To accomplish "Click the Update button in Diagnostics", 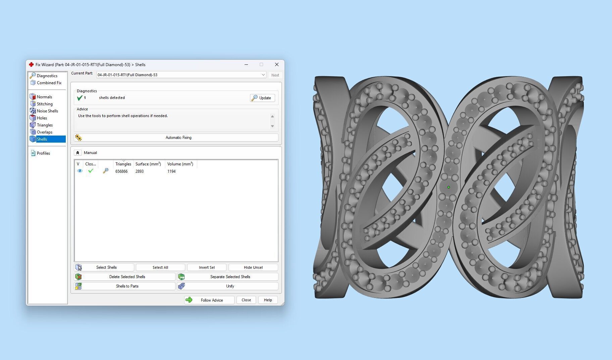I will pos(262,98).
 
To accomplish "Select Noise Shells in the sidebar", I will pos(47,111).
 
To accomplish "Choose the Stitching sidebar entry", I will pos(45,104).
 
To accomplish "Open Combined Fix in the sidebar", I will pos(49,83).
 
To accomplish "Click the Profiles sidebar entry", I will pos(43,153).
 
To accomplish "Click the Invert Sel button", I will pos(207,267).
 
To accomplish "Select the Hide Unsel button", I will pos(253,267).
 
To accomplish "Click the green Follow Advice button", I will pos(209,300).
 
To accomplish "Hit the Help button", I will pos(268,300).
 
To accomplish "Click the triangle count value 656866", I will pos(121,171).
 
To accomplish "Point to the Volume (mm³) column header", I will pos(180,164).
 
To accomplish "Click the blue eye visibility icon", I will pos(80,171).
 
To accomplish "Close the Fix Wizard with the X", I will pos(277,65).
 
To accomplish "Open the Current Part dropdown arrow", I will pos(263,75).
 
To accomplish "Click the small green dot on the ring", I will pos(449,187).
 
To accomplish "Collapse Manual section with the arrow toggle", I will pos(78,153).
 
